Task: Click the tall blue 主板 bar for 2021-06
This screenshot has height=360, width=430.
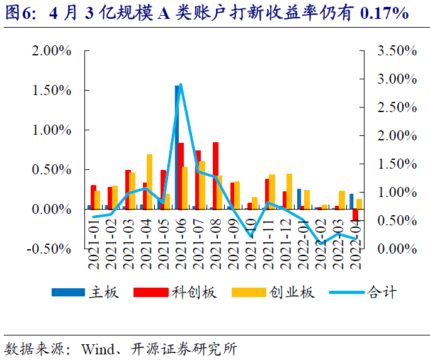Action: [177, 147]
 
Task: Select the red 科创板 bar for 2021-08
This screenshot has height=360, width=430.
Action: [216, 176]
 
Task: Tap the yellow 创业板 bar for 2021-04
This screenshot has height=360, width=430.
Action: [149, 181]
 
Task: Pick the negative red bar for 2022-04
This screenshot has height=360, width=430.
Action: [355, 215]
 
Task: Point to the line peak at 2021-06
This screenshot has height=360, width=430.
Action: [181, 84]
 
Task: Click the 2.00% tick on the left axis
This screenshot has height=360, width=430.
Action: [54, 51]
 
